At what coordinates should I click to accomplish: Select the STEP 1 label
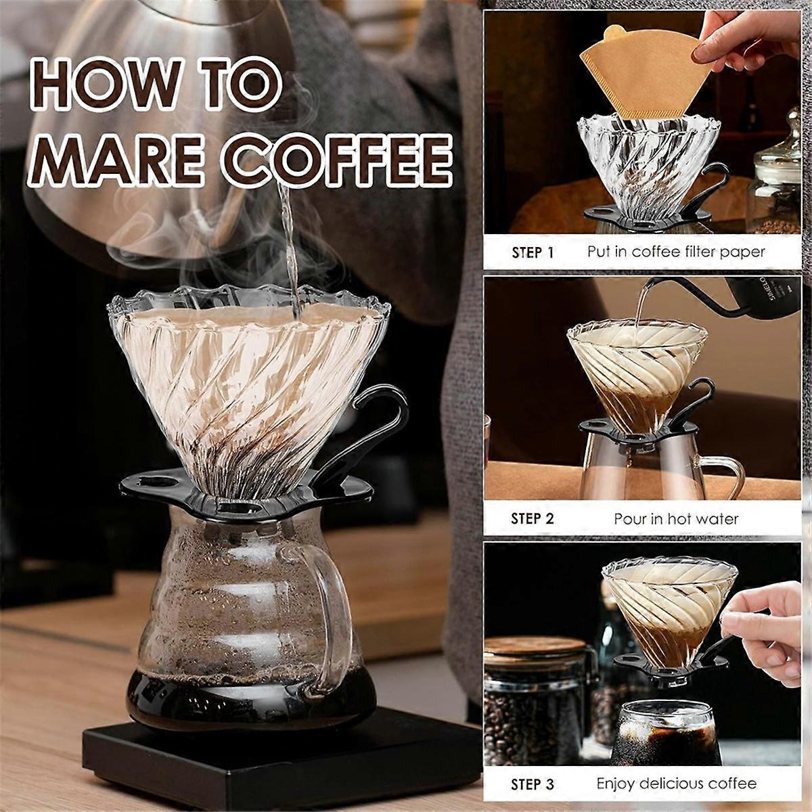[533, 252]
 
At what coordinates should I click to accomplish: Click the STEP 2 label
[533, 519]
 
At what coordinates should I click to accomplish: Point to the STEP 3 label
[533, 785]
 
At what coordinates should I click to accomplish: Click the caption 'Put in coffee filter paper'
[676, 252]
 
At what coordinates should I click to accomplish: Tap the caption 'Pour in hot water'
[676, 519]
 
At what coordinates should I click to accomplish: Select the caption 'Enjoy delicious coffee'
[676, 784]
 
